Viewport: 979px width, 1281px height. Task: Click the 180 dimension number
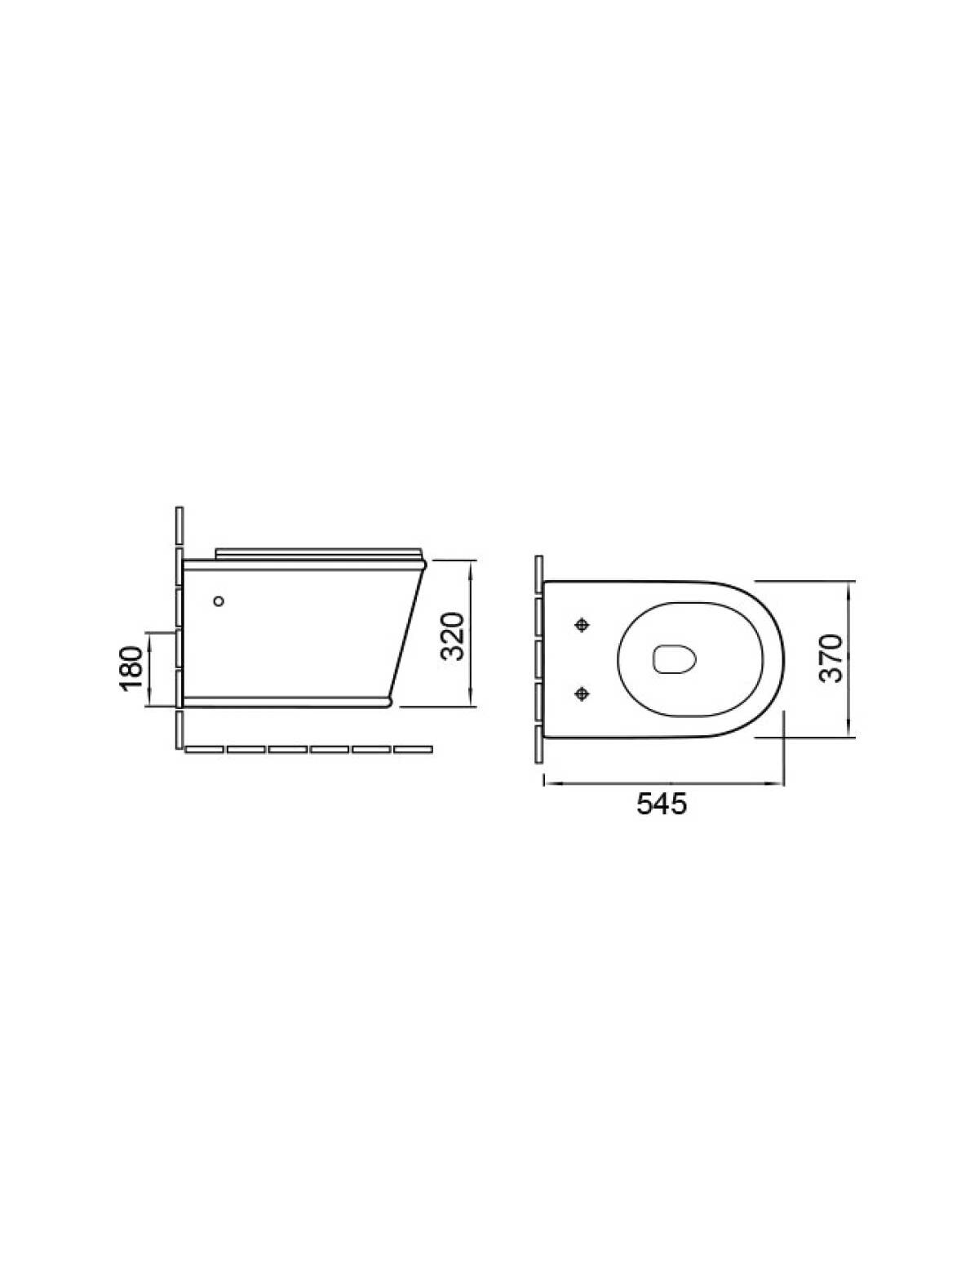click(x=132, y=668)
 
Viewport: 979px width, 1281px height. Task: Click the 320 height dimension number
click(x=452, y=636)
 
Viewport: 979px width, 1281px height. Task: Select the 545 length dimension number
click(x=662, y=805)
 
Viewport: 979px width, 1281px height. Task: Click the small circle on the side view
click(x=219, y=601)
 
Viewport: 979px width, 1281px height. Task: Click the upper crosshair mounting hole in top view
click(x=582, y=625)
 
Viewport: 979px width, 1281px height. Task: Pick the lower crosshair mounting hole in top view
click(x=582, y=694)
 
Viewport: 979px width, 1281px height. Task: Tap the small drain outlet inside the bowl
click(x=675, y=659)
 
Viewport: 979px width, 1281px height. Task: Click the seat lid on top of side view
click(x=318, y=553)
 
